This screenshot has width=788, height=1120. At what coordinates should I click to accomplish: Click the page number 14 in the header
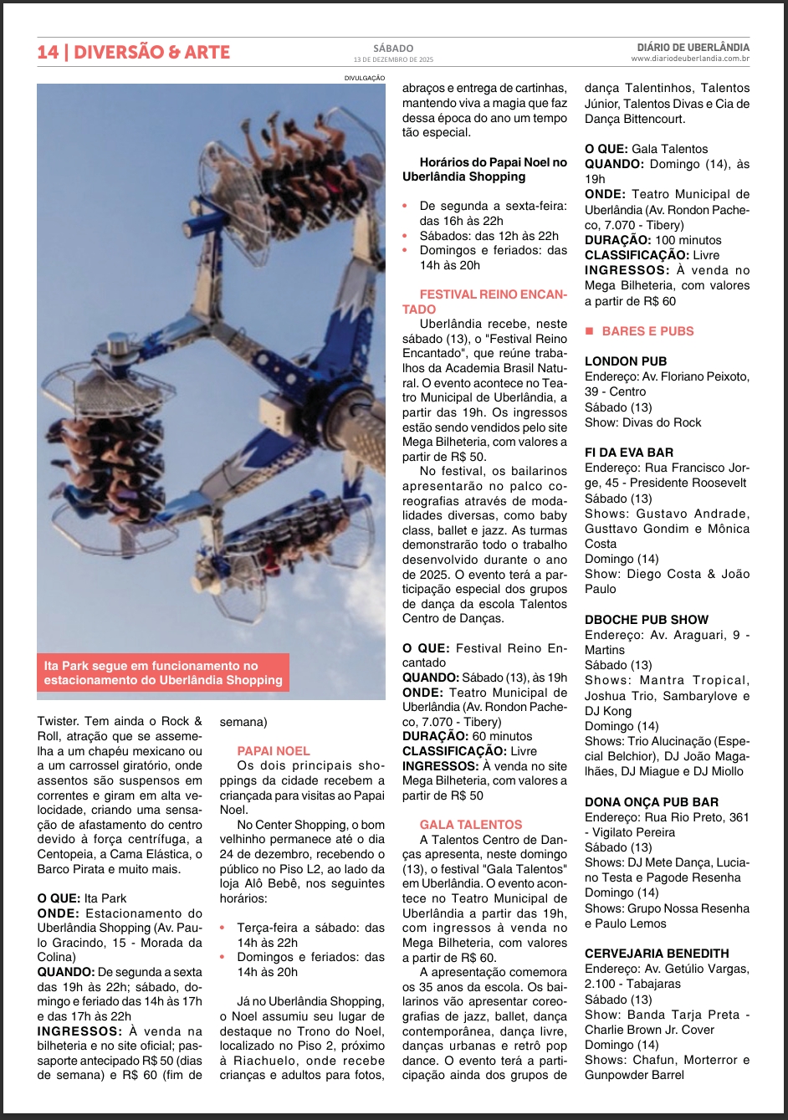click(48, 52)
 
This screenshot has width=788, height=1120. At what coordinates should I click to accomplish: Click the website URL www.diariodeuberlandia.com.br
click(690, 59)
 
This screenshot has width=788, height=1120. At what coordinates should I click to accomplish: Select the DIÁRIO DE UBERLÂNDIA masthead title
click(693, 48)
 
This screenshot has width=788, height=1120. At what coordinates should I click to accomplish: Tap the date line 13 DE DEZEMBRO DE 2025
click(393, 60)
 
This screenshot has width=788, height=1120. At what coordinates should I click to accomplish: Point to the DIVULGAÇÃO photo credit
click(365, 78)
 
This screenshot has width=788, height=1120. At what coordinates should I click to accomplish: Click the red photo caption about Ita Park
click(163, 673)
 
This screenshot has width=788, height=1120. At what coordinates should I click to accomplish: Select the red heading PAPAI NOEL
click(273, 751)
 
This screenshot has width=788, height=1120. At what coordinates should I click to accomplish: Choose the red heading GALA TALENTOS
click(470, 825)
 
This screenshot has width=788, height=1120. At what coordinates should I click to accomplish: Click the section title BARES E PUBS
click(647, 331)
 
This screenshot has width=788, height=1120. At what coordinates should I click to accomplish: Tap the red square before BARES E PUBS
click(589, 331)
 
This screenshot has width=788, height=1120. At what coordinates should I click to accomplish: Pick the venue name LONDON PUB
click(626, 361)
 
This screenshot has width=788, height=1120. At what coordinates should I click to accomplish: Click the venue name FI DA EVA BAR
click(628, 453)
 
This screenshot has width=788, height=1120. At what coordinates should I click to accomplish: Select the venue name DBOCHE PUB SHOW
click(646, 620)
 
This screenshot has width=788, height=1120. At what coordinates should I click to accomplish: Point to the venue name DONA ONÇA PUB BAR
click(652, 802)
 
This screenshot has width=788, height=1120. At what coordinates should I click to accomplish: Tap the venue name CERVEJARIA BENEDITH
click(657, 954)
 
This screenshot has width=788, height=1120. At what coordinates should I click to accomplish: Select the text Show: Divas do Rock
click(642, 422)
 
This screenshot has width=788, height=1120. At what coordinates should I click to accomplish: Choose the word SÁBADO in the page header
click(393, 49)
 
